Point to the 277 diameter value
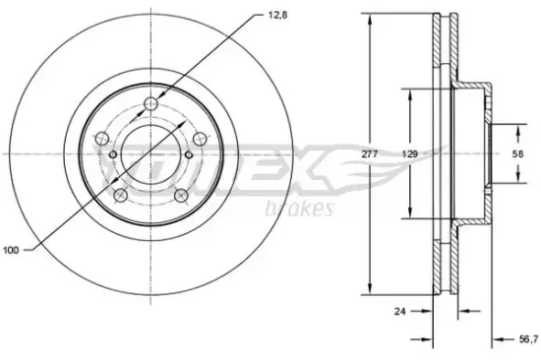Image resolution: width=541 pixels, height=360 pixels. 370,153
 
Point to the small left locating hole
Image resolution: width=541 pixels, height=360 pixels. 114,155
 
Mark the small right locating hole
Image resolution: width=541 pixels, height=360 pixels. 188,154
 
